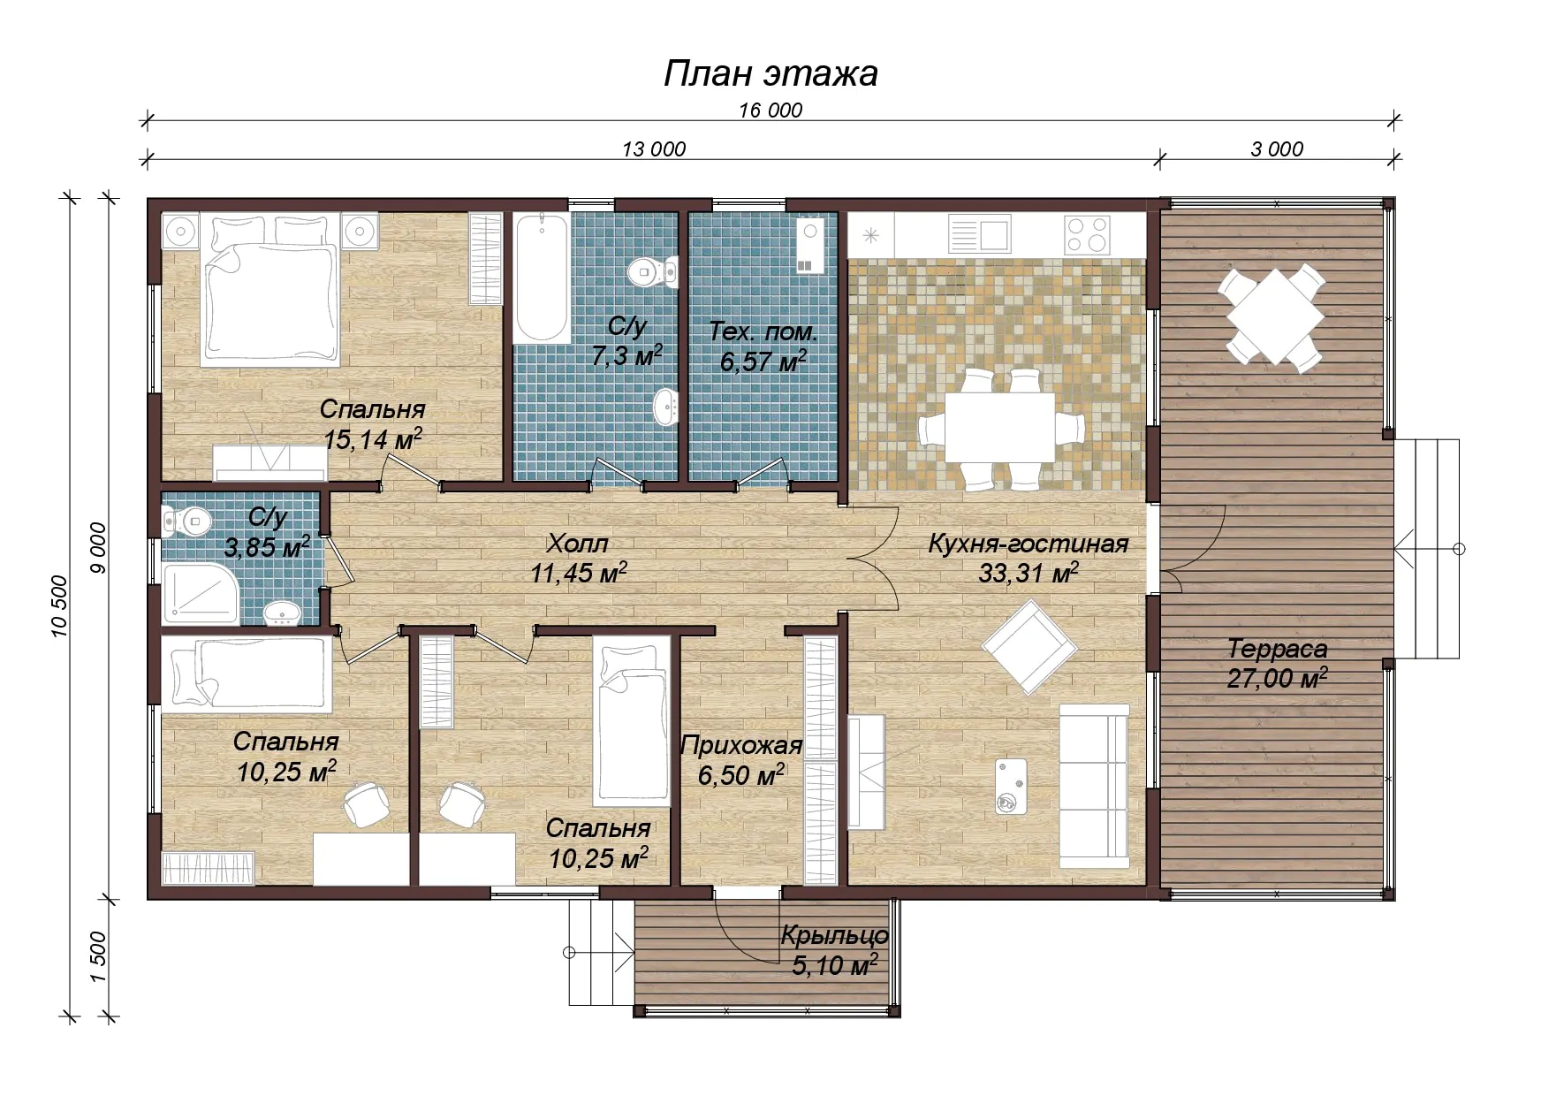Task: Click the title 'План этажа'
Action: (770, 73)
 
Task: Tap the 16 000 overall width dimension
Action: (770, 110)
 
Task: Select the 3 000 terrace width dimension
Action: (1277, 149)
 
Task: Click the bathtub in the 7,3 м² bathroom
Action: (542, 278)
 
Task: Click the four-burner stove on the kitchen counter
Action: (1087, 235)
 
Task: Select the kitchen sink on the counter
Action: (979, 235)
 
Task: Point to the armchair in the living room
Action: (1029, 647)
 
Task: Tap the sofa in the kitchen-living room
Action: (1095, 786)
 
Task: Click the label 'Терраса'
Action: (1277, 649)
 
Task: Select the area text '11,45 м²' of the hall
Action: (579, 573)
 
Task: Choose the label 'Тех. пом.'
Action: (763, 332)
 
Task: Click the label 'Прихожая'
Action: (741, 746)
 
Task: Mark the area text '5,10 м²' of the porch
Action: (835, 964)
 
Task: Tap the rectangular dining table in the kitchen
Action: (1000, 428)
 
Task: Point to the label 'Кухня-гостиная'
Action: (1029, 544)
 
